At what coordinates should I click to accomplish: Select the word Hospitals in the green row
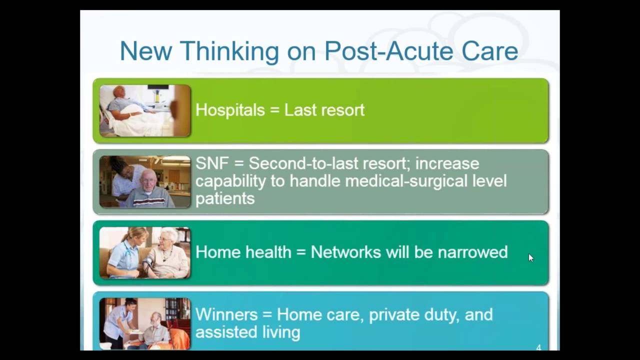pos(230,110)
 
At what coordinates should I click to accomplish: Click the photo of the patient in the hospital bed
pos(145,110)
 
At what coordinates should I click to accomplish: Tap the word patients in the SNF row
pos(225,198)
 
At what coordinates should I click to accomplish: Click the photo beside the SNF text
pos(145,181)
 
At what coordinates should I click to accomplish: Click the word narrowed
pos(472,252)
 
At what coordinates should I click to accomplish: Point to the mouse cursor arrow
pos(530,257)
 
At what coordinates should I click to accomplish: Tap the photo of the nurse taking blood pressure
pos(145,252)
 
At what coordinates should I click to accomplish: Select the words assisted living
pos(247,332)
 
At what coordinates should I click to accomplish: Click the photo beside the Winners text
pos(145,323)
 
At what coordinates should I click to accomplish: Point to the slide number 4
pos(538,347)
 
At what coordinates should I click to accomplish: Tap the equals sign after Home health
pos(300,252)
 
